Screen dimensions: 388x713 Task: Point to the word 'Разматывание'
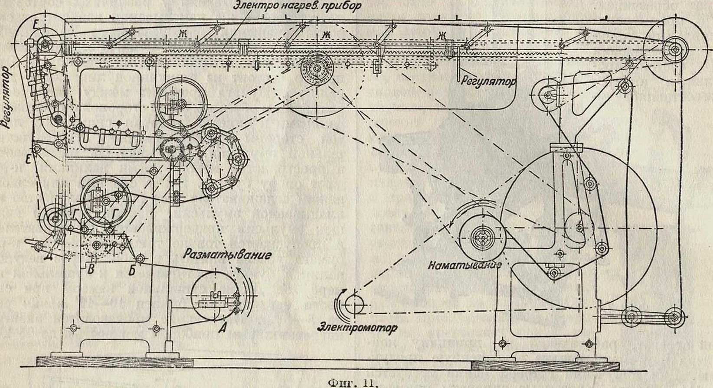tap(228, 254)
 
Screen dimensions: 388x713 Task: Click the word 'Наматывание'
tap(465, 265)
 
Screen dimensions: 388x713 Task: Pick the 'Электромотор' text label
tap(358, 328)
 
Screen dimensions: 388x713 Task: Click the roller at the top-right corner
tap(674, 50)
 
